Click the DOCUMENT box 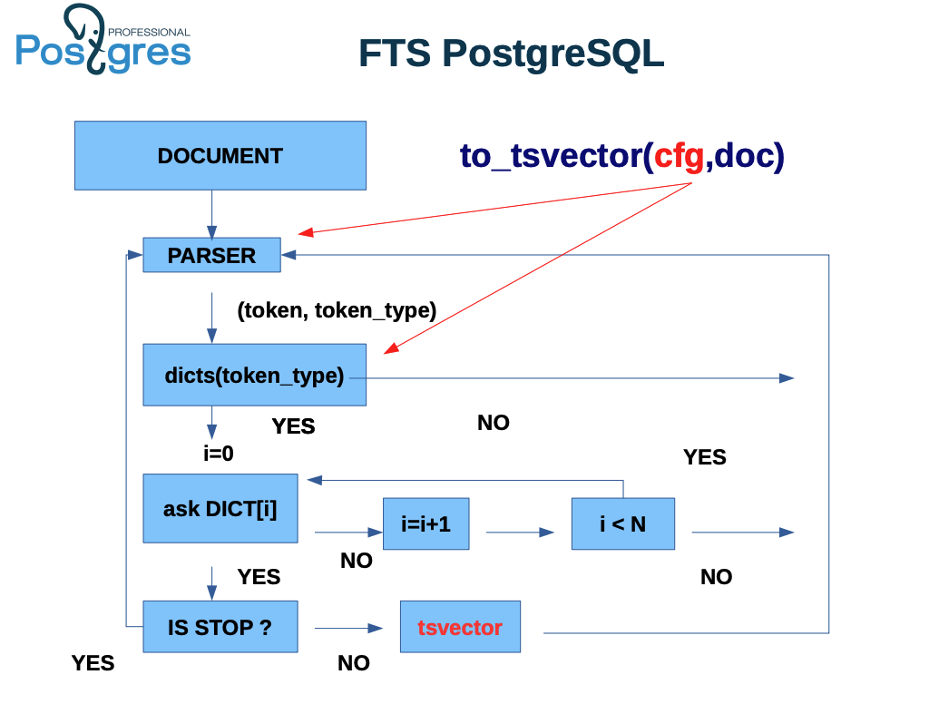point(220,156)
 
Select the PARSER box point(211,256)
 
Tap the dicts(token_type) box point(254,375)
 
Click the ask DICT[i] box point(220,509)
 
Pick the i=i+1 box point(425,524)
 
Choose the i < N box point(622,524)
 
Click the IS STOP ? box point(220,627)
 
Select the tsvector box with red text point(460,627)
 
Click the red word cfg point(680,157)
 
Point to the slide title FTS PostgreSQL point(511,54)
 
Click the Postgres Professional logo point(103,42)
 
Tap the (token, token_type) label point(337,310)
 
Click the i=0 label point(219,453)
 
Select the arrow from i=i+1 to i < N point(520,533)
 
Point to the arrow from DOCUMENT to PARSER point(211,213)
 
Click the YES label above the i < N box point(704,457)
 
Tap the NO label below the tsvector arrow point(354,663)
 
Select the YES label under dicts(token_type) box point(293,426)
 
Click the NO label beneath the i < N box point(716,577)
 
